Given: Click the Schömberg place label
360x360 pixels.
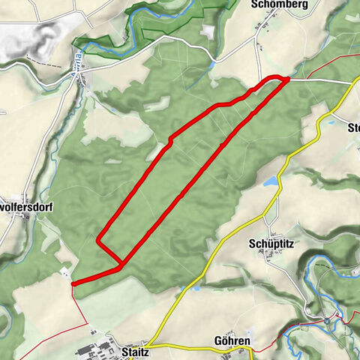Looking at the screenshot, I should click(275, 4).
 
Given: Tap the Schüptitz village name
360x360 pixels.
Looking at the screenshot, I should click(271, 244).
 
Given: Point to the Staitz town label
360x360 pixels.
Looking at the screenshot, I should click(133, 350).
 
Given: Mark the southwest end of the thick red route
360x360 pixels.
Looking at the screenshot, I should click(72, 283).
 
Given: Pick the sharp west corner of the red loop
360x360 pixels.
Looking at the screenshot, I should click(98, 240).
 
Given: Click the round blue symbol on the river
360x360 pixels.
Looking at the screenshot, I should click(327, 320).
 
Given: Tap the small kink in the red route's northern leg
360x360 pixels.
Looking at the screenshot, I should click(172, 139).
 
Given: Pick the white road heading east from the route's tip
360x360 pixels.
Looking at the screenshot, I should click(322, 79).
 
